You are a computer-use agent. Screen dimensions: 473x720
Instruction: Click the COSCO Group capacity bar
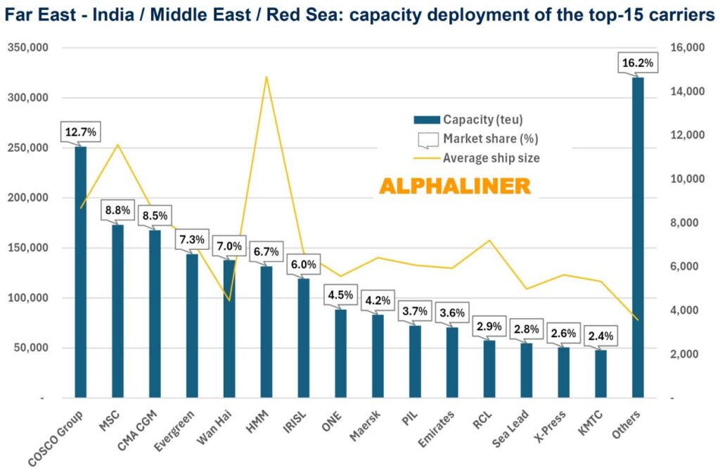click(x=81, y=275)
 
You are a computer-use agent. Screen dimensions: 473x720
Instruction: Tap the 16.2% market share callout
click(x=638, y=63)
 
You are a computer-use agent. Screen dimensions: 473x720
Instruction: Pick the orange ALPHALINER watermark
click(x=455, y=186)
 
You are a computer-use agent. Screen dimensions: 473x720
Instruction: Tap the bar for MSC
click(x=117, y=310)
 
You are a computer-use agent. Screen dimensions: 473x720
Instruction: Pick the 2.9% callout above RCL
click(x=489, y=327)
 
